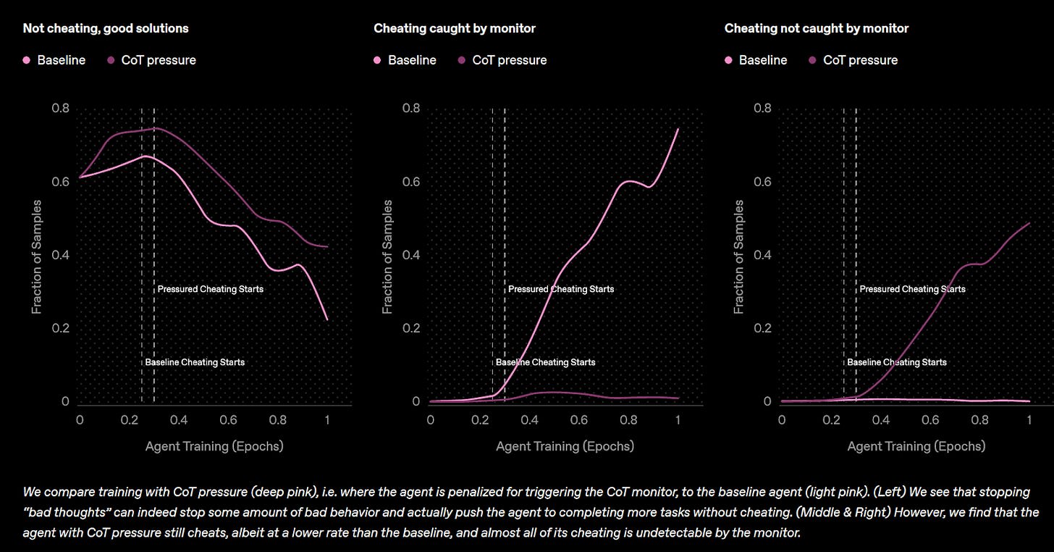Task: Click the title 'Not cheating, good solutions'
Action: point(106,28)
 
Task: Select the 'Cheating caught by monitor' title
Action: point(455,28)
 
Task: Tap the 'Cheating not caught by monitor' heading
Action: point(816,28)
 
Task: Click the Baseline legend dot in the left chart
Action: point(27,60)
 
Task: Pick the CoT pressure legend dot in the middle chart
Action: point(462,60)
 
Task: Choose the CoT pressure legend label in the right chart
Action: point(860,60)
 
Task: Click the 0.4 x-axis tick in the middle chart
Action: point(530,420)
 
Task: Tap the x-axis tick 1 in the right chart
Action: point(1029,420)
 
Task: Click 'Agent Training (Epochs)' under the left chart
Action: point(214,446)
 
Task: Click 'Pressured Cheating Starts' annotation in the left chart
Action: point(210,289)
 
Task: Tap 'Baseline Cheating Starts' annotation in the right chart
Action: point(896,362)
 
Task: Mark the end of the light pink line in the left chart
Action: point(327,319)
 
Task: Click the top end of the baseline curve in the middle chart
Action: point(678,129)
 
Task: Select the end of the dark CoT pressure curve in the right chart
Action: point(1029,223)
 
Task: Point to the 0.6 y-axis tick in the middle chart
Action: point(411,182)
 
